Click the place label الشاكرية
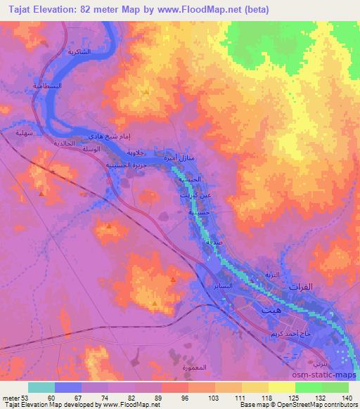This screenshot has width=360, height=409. (x=79, y=52)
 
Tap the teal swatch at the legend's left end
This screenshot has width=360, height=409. (x=41, y=387)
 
